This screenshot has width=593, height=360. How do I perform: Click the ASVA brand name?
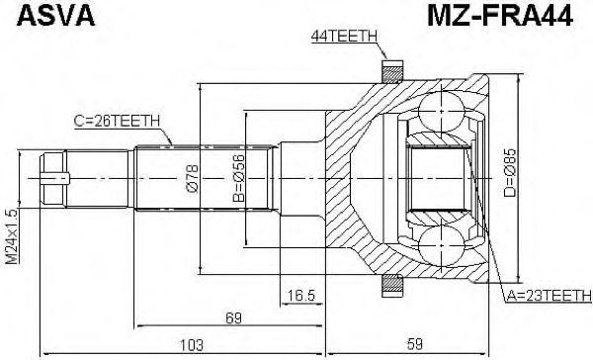coord(55,16)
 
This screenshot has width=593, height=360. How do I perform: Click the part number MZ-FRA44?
coord(500,16)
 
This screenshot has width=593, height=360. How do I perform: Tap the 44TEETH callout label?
coord(344,37)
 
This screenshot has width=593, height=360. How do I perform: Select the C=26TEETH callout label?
coord(118,121)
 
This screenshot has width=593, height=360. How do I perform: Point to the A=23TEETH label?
coord(549,296)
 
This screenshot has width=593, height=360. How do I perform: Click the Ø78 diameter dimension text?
coord(192,178)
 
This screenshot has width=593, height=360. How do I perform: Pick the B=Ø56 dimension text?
coord(238,178)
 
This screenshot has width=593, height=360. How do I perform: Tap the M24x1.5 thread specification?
coord(11,236)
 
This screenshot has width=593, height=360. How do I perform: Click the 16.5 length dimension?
coord(301,296)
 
